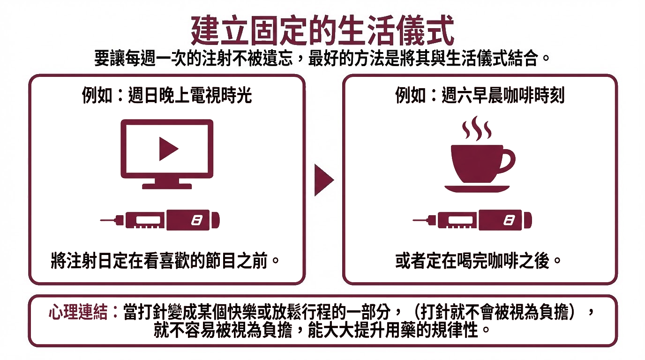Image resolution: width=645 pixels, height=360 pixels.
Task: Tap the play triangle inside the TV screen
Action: coord(169,149)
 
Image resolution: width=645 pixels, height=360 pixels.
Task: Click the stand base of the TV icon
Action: coord(167,186)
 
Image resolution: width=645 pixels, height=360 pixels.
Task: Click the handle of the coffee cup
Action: coord(509,161)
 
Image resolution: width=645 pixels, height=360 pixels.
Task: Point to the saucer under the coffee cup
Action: coord(477,188)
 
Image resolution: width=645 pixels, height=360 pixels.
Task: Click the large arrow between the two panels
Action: coord(324,180)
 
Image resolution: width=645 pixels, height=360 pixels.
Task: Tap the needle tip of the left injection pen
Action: coord(101,221)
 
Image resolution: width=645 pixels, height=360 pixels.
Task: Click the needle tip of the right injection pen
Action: coord(413,221)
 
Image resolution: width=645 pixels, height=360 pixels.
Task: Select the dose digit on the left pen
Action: coord(197,221)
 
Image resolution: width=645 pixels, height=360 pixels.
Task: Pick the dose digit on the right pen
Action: coord(509,221)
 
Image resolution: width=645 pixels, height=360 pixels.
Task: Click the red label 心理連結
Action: coord(78,312)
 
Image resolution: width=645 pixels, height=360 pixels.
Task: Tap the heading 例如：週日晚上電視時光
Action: coord(167,95)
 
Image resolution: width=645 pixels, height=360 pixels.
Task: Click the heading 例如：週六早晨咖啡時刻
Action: coord(480,95)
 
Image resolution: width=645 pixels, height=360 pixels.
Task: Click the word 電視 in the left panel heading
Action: coord(206,95)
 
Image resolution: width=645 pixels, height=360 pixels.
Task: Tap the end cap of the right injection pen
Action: coord(528,221)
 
